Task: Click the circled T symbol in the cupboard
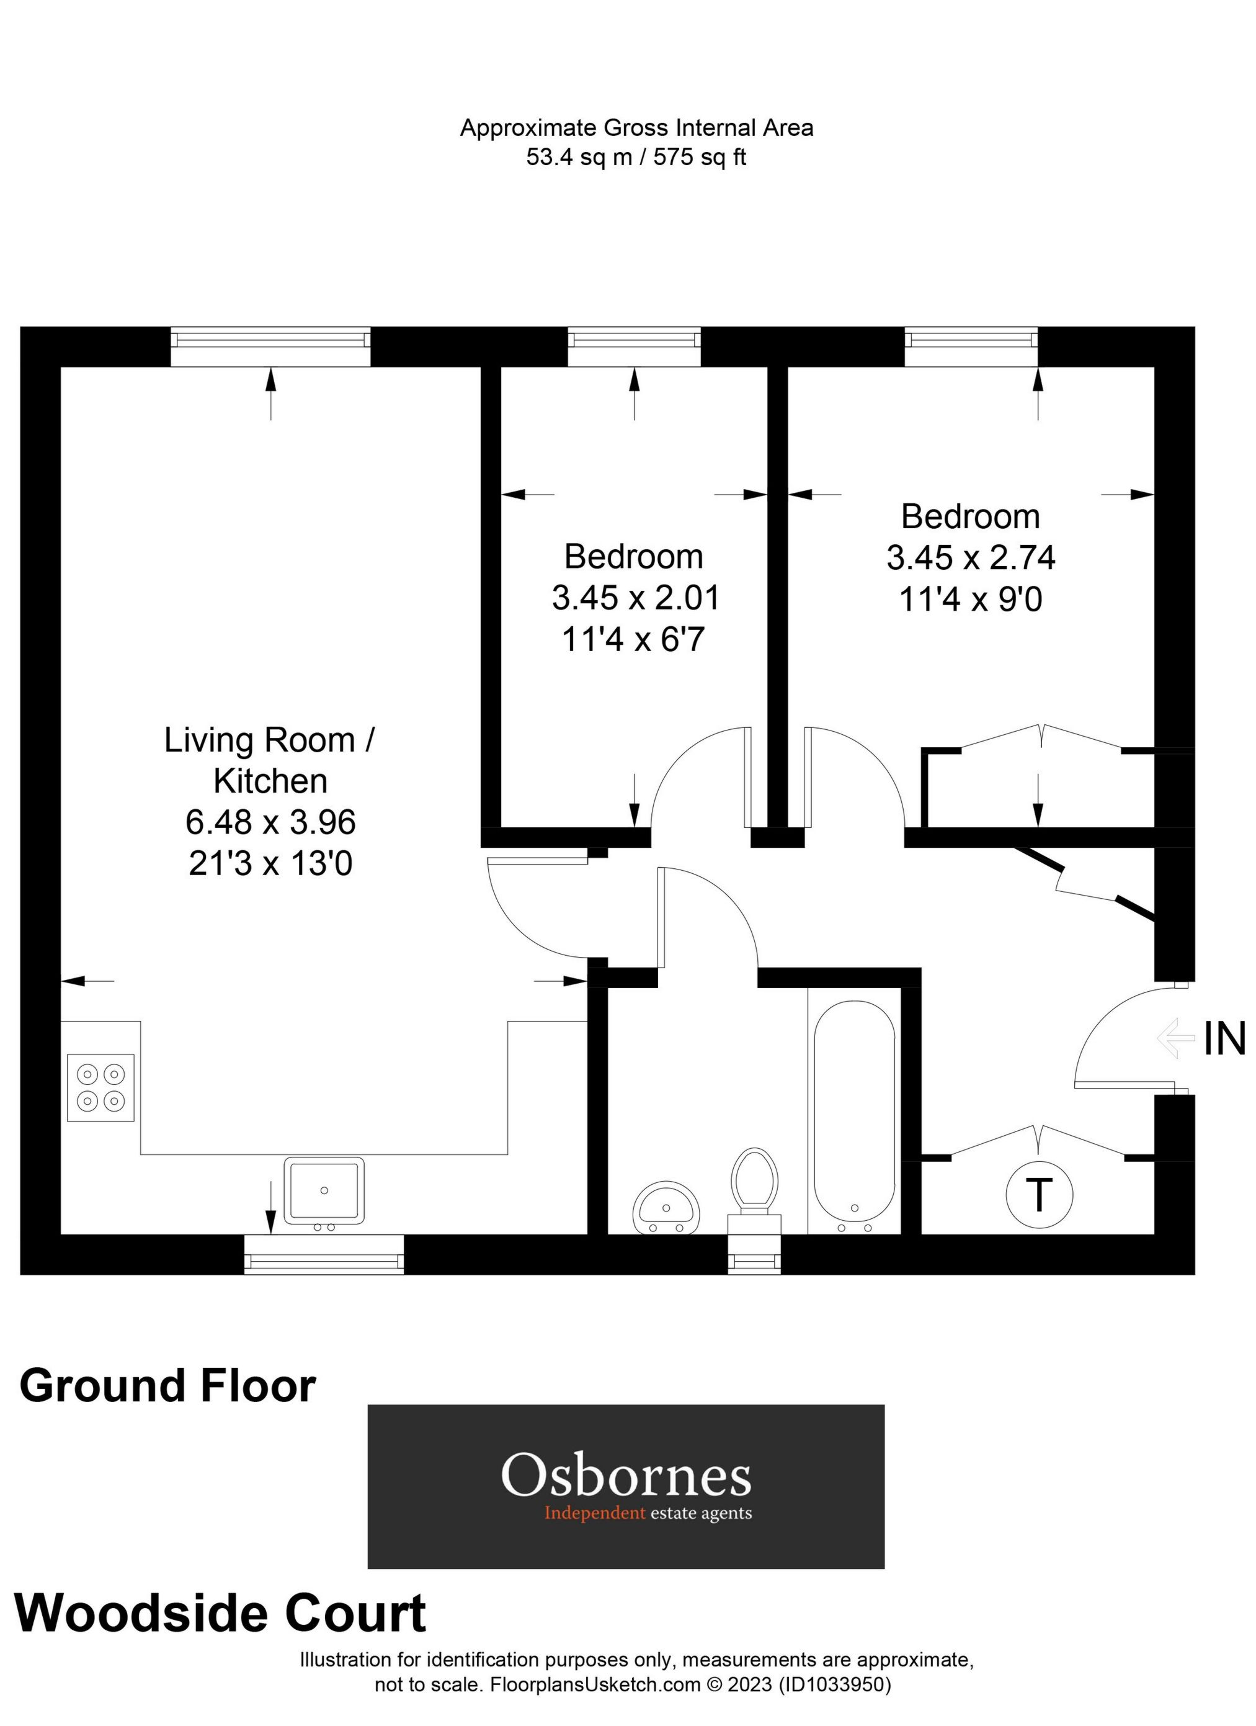coord(1039,1194)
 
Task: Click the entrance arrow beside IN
coord(1175,1038)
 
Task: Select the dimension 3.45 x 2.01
coord(635,598)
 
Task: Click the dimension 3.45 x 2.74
coord(971,558)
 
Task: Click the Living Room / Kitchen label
coord(270,760)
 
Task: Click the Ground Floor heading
coord(167,1386)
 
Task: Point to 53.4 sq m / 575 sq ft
coord(636,158)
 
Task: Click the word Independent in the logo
coord(594,1513)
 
